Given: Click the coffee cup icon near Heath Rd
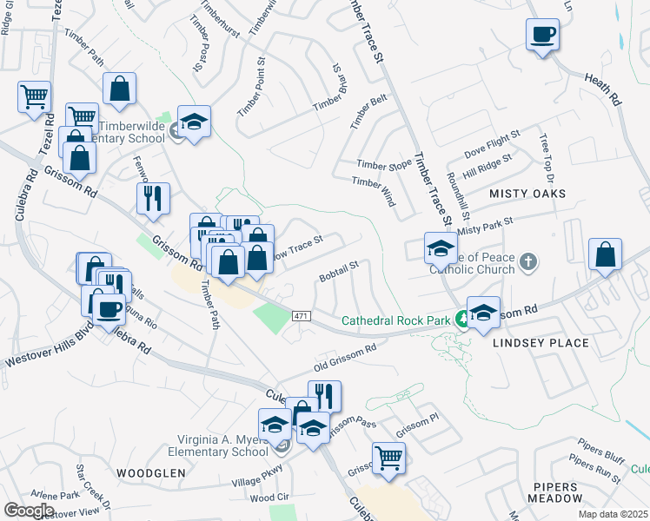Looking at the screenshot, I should [x=542, y=36].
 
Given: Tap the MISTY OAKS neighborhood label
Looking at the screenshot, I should [x=527, y=193].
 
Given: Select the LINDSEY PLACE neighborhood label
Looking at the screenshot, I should [x=541, y=343].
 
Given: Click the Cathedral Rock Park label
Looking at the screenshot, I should [x=395, y=320].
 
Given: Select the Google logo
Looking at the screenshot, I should [x=30, y=511].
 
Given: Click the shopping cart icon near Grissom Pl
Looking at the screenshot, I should [x=388, y=458].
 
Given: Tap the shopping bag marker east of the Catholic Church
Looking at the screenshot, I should [x=605, y=255].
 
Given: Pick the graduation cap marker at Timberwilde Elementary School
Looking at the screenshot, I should [x=195, y=122].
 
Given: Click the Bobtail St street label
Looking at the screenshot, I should [x=340, y=269].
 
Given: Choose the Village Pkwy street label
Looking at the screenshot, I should [x=257, y=478].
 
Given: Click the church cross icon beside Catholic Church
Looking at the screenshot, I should [x=527, y=261].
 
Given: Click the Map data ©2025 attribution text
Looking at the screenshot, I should [x=614, y=514].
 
